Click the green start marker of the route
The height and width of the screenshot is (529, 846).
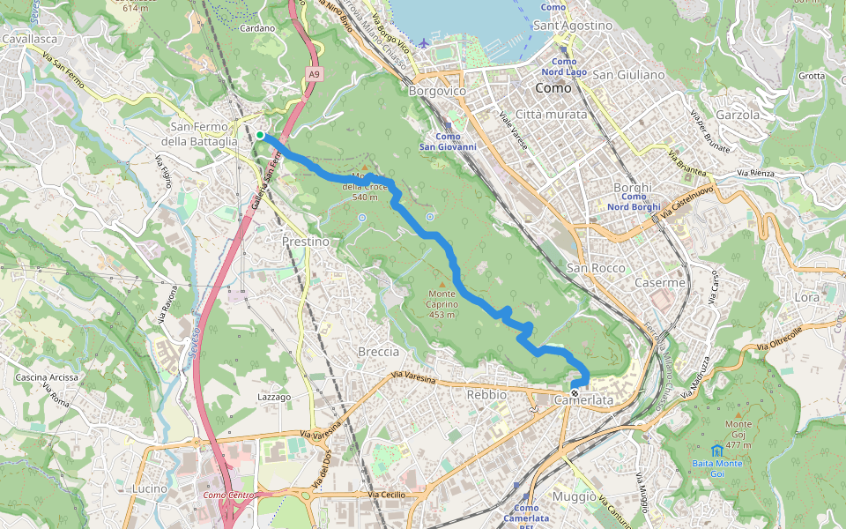260,135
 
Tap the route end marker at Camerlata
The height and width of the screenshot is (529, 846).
575,393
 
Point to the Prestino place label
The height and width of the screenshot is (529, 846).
306,241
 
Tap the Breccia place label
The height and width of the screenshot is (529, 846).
378,351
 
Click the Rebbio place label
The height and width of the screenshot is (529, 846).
486,395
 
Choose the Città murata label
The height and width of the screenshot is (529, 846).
551,115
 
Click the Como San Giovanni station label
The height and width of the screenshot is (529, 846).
448,141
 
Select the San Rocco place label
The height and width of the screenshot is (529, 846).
596,268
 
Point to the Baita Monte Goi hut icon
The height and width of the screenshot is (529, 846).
716,451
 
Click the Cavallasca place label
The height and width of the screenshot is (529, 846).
30,39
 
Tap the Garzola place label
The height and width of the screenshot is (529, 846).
738,115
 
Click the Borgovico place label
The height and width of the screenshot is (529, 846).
437,90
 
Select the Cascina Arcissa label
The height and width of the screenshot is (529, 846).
47,377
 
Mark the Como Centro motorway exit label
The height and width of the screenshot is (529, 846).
228,495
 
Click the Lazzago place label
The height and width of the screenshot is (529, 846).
273,398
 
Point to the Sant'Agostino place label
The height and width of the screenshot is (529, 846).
572,26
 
